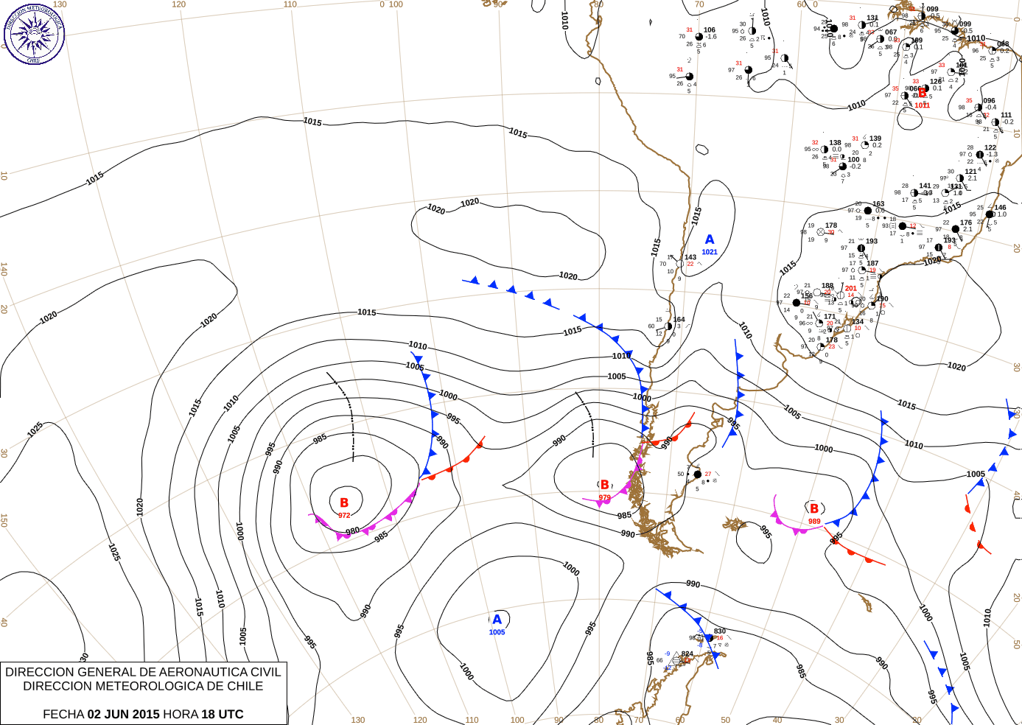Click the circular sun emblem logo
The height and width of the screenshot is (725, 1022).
[34, 33]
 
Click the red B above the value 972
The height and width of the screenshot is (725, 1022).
[343, 502]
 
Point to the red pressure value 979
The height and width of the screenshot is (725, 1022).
[604, 497]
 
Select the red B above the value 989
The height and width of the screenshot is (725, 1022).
[814, 508]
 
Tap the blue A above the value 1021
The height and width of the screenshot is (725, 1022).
[710, 239]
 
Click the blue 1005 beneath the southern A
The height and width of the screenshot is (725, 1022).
[497, 632]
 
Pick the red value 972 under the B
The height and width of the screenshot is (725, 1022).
[344, 515]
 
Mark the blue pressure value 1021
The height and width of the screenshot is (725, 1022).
[710, 252]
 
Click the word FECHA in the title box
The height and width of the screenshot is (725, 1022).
[63, 714]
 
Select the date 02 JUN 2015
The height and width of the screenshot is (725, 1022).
[123, 714]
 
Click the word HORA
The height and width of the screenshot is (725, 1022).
[181, 714]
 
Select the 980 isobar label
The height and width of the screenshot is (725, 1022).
[353, 530]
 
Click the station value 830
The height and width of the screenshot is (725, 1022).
[720, 631]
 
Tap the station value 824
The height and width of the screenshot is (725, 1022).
[687, 654]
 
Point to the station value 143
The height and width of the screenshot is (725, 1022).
[690, 258]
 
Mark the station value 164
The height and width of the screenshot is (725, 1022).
[679, 320]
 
